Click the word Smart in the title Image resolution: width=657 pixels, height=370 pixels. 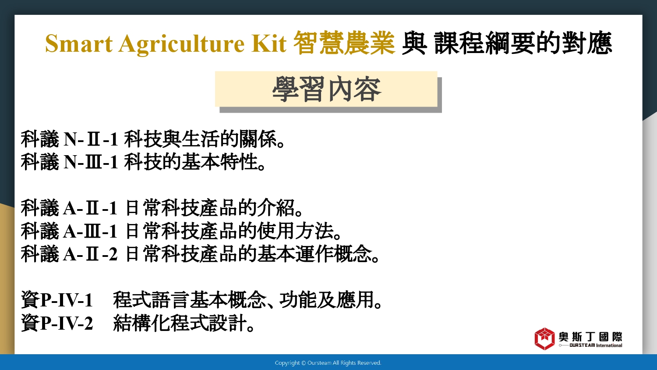tap(78, 43)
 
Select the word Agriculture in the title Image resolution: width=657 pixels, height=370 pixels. tap(181, 44)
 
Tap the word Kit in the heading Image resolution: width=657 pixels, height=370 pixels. tap(268, 43)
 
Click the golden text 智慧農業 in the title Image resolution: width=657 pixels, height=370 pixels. tap(344, 43)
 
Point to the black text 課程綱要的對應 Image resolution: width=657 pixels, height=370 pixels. tap(523, 43)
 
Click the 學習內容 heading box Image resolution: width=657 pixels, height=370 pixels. tap(326, 89)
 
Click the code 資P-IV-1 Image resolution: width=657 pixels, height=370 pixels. tap(57, 300)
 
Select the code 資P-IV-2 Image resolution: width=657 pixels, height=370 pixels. tap(57, 323)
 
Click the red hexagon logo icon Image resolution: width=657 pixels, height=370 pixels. tap(545, 339)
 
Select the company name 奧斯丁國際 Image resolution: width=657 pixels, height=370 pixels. tap(590, 337)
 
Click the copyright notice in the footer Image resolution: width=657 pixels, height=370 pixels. tap(328, 363)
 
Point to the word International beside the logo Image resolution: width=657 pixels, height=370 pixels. tap(609, 345)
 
